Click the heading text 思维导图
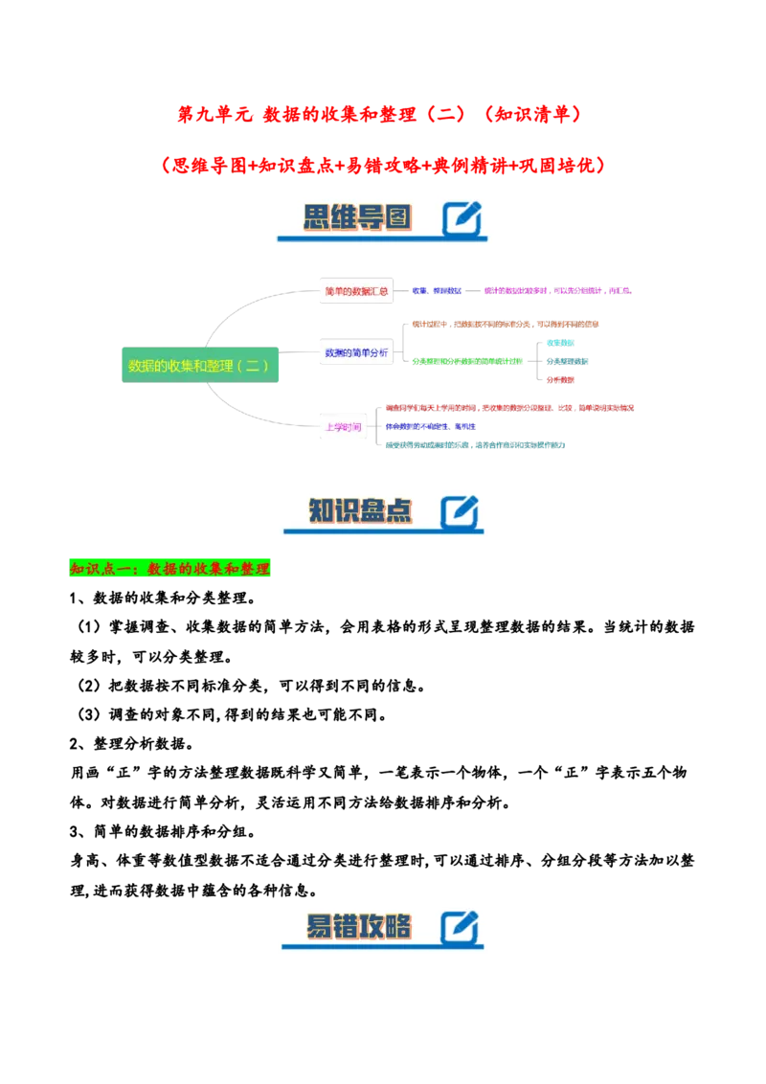tap(357, 217)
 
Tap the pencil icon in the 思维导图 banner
tap(462, 218)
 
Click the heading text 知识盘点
tap(360, 511)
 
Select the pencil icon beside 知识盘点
tap(460, 512)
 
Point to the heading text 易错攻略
tap(358, 927)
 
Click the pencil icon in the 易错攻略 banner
tap(460, 928)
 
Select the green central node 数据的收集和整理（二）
tap(199, 366)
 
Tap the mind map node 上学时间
tap(342, 427)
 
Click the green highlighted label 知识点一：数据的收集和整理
tap(171, 569)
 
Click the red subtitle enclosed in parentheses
tap(383, 166)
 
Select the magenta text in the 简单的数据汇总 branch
tap(558, 290)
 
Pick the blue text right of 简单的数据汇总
tap(438, 290)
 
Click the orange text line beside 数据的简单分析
tap(507, 325)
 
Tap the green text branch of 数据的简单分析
tap(469, 361)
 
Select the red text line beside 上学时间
tap(509, 408)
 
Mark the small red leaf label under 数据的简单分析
tap(561, 380)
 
